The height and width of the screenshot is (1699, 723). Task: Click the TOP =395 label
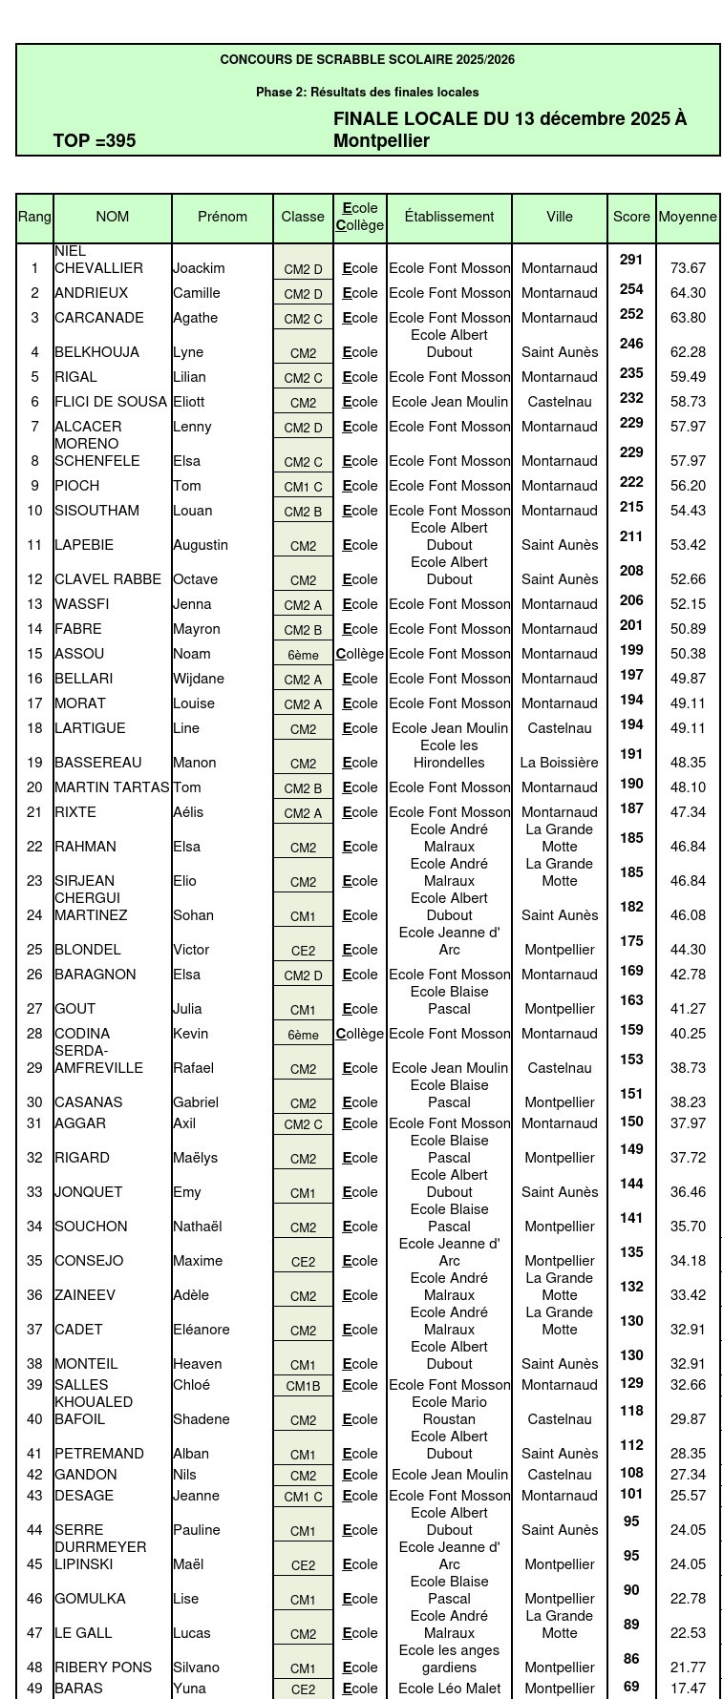click(x=95, y=141)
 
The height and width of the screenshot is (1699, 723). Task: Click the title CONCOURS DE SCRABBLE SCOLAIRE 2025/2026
click(x=368, y=59)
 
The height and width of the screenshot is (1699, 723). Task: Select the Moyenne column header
click(x=688, y=217)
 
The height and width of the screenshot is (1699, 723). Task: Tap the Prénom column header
click(x=223, y=217)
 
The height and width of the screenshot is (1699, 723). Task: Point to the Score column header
click(x=631, y=217)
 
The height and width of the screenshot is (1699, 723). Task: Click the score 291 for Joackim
click(x=631, y=260)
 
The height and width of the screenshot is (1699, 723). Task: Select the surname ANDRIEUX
click(x=91, y=293)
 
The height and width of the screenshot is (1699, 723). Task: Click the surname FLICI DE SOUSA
click(x=111, y=402)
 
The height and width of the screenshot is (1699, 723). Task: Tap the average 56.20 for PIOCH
click(x=688, y=486)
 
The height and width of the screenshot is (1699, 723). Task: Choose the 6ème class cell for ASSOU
click(x=303, y=655)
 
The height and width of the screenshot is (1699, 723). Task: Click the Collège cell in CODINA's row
click(x=360, y=1034)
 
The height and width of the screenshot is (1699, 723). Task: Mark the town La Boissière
click(x=560, y=763)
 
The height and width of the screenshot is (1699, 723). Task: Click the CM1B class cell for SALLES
click(x=303, y=1386)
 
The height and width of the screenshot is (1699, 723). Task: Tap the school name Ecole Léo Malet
click(x=449, y=1689)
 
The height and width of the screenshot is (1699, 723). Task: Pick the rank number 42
click(x=35, y=1475)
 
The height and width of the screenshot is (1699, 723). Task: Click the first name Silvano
click(x=196, y=1668)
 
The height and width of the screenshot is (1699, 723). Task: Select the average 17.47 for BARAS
click(x=688, y=1689)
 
